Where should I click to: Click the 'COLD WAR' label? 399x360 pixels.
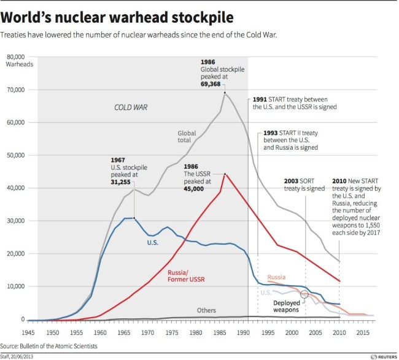click(x=131, y=107)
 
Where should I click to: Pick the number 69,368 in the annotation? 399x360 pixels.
click(x=212, y=83)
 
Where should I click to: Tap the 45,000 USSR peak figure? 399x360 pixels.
click(x=195, y=189)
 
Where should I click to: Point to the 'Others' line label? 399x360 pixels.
click(x=207, y=310)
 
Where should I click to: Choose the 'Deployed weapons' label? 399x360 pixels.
click(x=285, y=307)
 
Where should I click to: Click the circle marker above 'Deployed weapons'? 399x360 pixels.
click(x=305, y=294)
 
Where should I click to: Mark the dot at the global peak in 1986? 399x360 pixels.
click(x=225, y=93)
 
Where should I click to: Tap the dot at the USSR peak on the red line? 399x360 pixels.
click(x=225, y=174)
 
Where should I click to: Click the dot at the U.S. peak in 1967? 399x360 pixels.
click(x=134, y=218)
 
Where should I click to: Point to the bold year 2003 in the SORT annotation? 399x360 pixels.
click(x=292, y=182)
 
